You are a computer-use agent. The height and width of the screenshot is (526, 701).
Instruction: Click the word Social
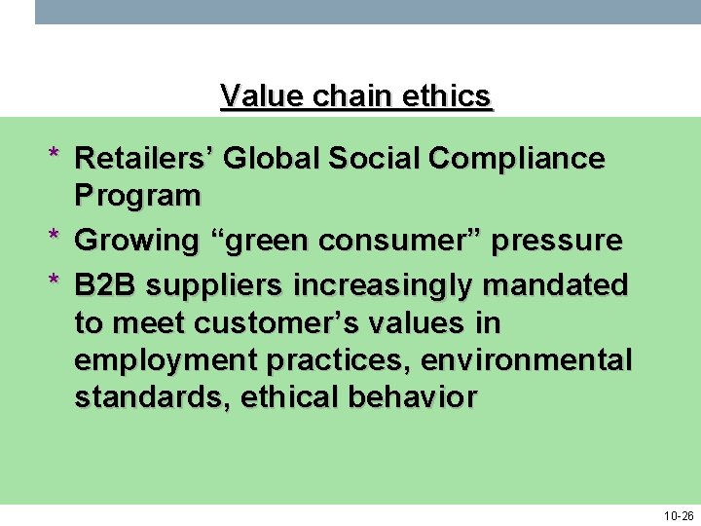point(367,158)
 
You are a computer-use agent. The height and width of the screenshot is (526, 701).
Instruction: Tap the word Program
point(137,196)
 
